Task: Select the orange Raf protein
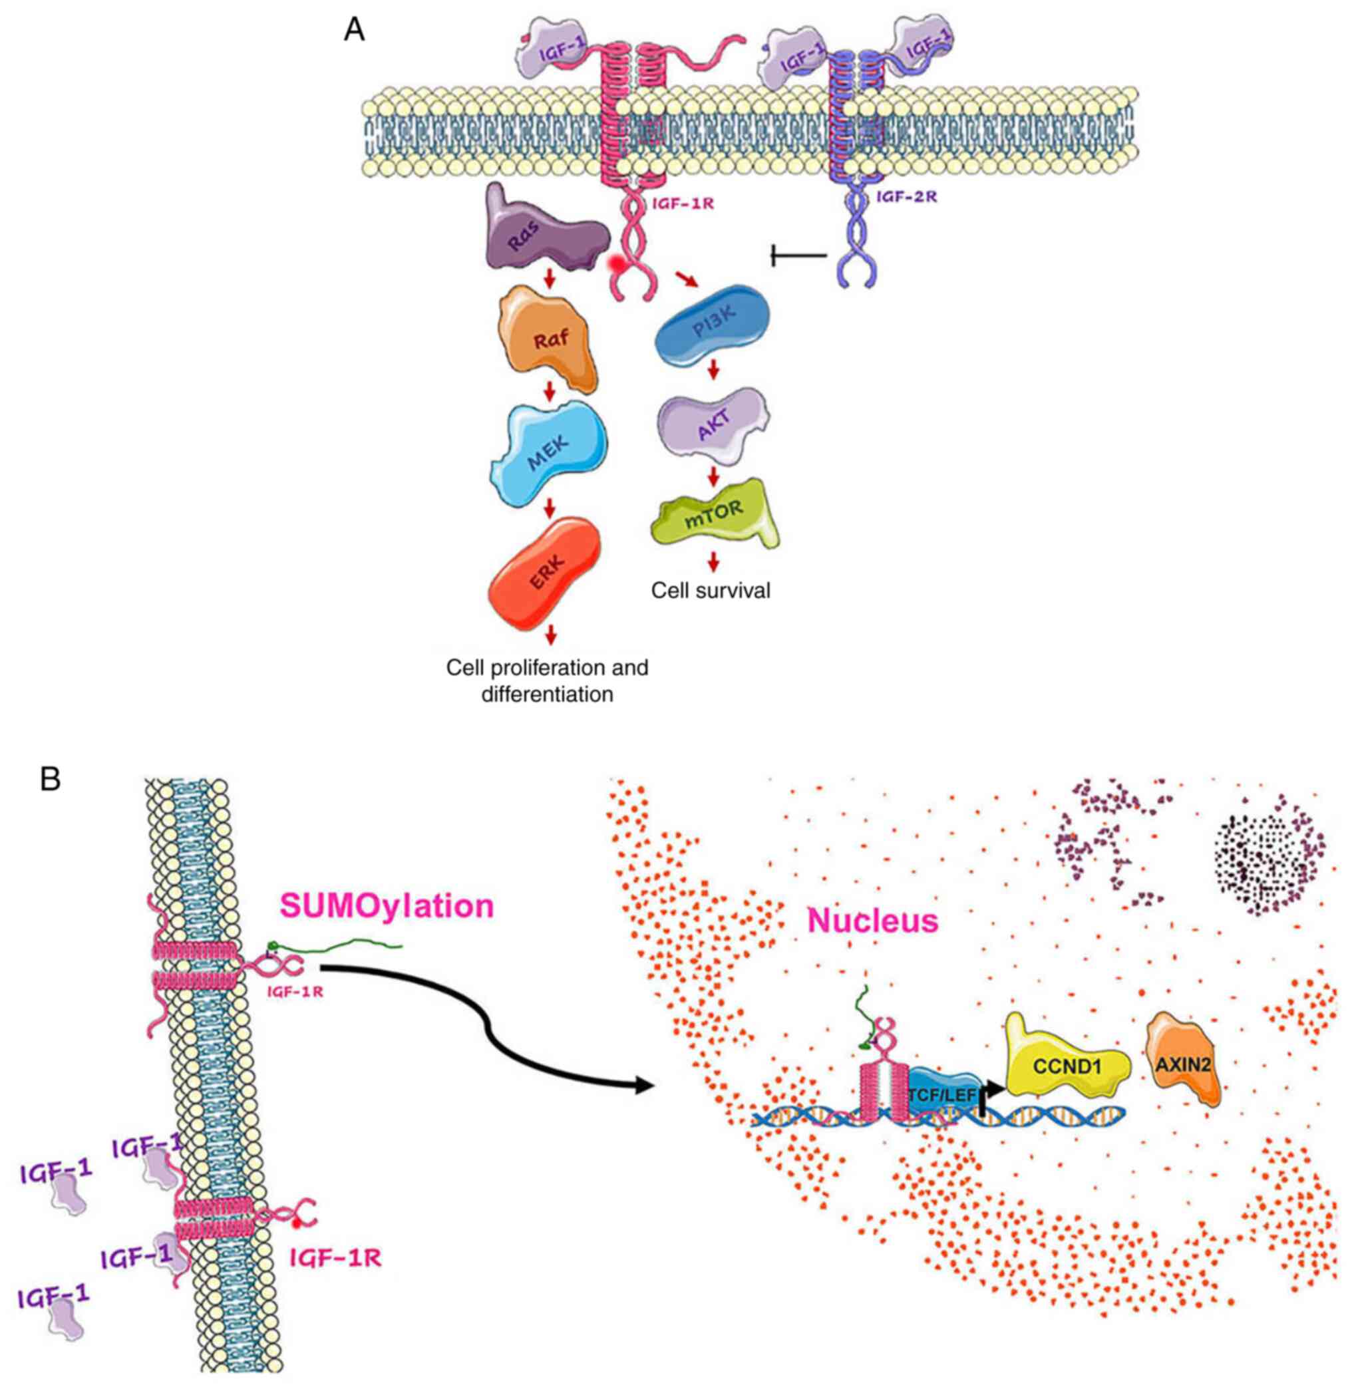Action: [550, 339]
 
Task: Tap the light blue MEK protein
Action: [548, 449]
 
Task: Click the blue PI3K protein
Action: [711, 326]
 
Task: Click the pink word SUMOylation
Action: [387, 907]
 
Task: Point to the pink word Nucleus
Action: [874, 921]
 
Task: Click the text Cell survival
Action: [711, 591]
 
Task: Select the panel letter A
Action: [353, 30]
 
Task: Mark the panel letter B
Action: [51, 780]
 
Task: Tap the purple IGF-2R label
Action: [906, 197]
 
